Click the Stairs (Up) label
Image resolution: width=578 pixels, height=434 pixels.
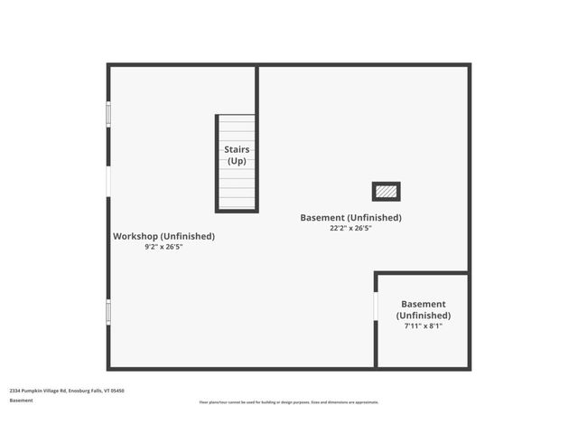pos(237,155)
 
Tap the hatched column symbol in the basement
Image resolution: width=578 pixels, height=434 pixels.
pos(386,192)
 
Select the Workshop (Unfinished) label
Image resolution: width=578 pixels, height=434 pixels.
pos(163,236)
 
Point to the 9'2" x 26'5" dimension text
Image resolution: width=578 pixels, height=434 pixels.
pos(163,247)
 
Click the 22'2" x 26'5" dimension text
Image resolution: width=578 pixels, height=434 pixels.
pos(350,229)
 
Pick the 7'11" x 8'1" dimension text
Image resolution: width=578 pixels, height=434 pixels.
pos(423,325)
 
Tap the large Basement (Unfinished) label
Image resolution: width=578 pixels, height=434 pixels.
pos(350,218)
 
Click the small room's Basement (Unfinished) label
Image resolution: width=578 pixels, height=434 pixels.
pos(423,309)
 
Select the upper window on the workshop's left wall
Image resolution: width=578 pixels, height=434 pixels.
pos(108,114)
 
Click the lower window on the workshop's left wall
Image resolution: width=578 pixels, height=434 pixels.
pos(108,312)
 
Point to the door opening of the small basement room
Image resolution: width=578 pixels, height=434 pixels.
pos(376,306)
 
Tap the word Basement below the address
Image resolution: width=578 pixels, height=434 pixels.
pos(22,400)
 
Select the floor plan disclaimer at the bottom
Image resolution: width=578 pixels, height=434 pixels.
pos(289,402)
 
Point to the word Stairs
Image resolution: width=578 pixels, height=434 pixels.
pos(237,149)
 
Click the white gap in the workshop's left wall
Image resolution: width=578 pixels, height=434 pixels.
pos(108,182)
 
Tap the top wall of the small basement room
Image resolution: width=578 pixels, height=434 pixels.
pos(422,272)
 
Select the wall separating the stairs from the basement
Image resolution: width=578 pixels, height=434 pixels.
pos(257,136)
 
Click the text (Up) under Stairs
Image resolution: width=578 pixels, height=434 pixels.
pos(237,161)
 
